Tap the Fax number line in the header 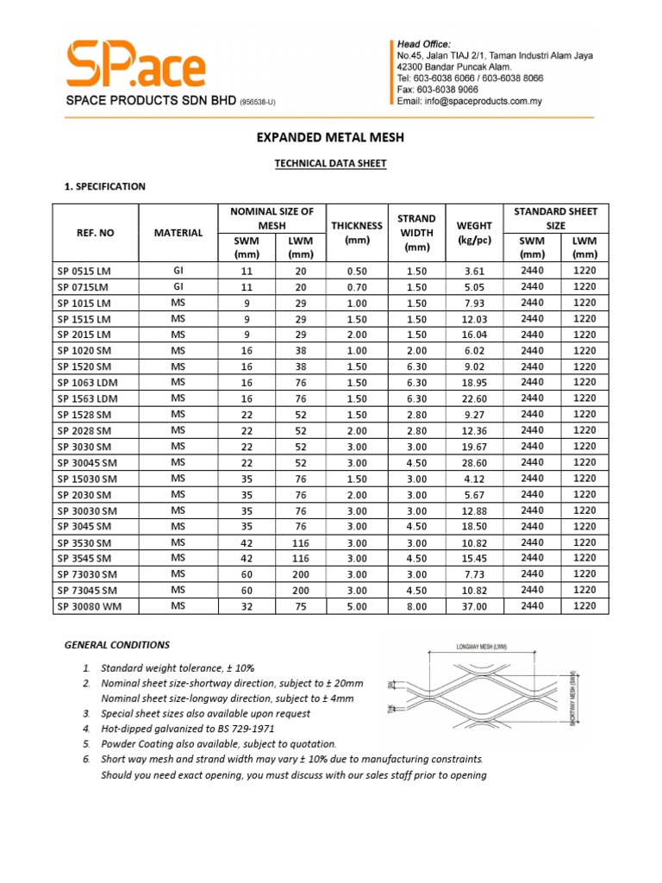(x=437, y=89)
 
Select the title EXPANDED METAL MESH (x=331, y=137)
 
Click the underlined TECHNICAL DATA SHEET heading (x=330, y=163)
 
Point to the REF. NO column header (x=94, y=233)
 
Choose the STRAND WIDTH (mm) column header (x=415, y=233)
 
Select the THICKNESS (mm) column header (x=356, y=233)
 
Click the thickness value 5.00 (x=356, y=606)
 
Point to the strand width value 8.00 (x=415, y=606)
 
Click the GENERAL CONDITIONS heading (x=117, y=645)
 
